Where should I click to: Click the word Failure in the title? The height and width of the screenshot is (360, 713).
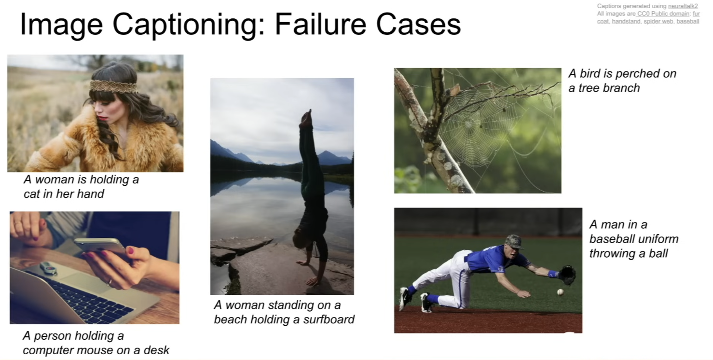pyautogui.click(x=320, y=24)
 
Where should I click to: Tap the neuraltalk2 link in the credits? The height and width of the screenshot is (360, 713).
pyautogui.click(x=683, y=6)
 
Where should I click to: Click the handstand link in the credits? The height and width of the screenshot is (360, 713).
pyautogui.click(x=626, y=21)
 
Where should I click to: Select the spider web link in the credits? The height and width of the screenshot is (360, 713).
pyautogui.click(x=658, y=21)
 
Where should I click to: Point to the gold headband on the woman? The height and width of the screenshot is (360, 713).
pyautogui.click(x=113, y=86)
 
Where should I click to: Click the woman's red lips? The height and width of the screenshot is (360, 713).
pyautogui.click(x=102, y=118)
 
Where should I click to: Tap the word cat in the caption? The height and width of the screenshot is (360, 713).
pyautogui.click(x=32, y=194)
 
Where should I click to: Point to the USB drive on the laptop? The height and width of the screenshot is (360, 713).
pyautogui.click(x=49, y=268)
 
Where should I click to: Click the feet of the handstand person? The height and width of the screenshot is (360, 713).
pyautogui.click(x=306, y=118)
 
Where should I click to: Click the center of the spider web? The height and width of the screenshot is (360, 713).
pyautogui.click(x=468, y=125)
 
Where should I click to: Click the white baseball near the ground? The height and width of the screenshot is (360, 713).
pyautogui.click(x=561, y=292)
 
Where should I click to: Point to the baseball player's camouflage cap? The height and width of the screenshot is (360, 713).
pyautogui.click(x=514, y=242)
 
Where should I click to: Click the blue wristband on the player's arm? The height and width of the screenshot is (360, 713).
pyautogui.click(x=553, y=274)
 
